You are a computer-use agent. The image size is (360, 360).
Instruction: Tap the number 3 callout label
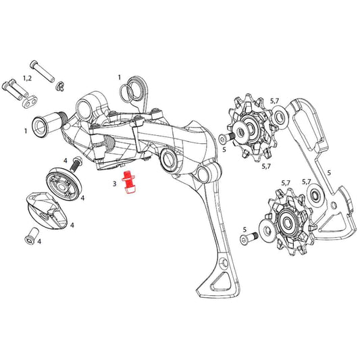[115, 182]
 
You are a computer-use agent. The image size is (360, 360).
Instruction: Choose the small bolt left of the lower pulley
[253, 237]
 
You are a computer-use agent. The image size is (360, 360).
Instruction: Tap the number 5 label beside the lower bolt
[244, 230]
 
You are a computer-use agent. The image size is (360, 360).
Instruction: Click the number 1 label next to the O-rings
[119, 78]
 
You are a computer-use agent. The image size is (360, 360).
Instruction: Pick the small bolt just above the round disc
[75, 164]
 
